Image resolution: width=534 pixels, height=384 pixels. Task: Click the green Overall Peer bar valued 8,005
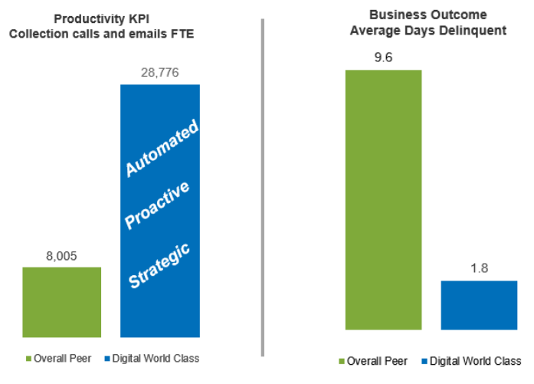tap(62, 302)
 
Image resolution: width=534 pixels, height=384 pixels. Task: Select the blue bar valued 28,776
tap(160, 211)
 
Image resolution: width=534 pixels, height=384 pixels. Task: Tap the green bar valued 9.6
tap(384, 199)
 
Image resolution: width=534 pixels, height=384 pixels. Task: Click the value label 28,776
tap(160, 71)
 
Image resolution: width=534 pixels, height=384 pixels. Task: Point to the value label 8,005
tap(62, 255)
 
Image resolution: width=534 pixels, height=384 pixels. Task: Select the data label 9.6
tap(384, 57)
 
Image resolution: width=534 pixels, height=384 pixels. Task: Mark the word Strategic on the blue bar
tap(159, 265)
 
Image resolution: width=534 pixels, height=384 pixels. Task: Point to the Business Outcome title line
tap(419, 15)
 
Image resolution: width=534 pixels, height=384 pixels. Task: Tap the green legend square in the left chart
tap(28, 358)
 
